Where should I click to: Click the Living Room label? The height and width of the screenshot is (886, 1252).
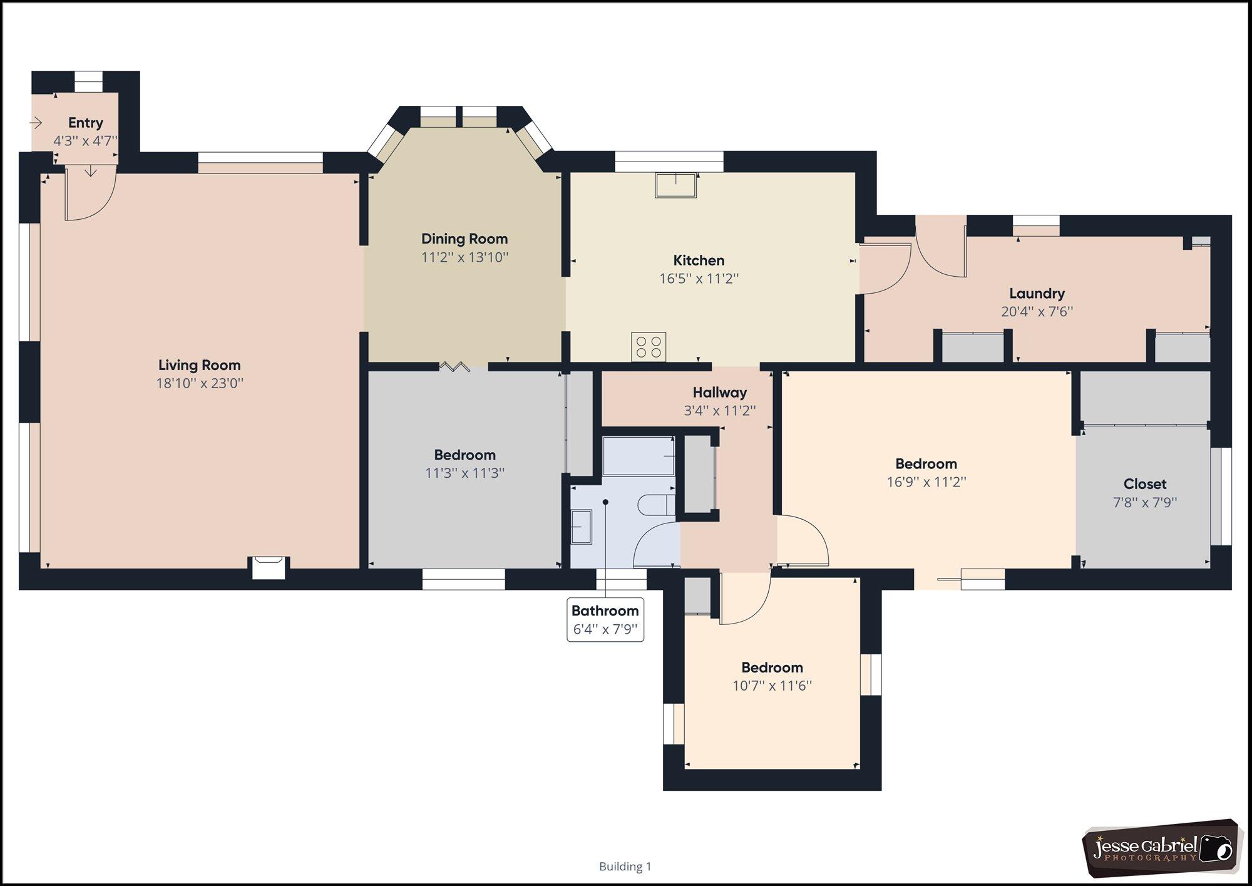(x=199, y=365)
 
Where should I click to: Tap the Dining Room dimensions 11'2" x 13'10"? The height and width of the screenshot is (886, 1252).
(x=464, y=257)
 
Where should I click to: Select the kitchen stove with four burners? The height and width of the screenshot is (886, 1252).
(x=649, y=346)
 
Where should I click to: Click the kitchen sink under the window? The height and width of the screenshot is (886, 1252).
(x=676, y=185)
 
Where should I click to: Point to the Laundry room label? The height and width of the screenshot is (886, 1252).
(x=1037, y=293)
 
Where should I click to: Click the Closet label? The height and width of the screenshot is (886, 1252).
(x=1145, y=484)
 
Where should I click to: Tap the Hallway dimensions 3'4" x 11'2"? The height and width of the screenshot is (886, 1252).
(x=720, y=411)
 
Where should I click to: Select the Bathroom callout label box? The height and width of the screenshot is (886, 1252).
(x=605, y=620)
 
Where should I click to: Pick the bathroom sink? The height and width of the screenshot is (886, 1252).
(x=582, y=527)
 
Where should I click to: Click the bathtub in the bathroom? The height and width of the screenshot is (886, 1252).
(x=639, y=456)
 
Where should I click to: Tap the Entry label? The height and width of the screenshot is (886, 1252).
(x=86, y=123)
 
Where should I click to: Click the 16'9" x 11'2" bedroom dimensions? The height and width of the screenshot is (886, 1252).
(x=926, y=482)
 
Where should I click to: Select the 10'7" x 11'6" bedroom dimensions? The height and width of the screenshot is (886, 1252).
(x=772, y=685)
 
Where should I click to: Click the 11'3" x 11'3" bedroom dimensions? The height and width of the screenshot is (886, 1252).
(x=465, y=473)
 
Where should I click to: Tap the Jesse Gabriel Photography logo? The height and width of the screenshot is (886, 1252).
(x=1162, y=847)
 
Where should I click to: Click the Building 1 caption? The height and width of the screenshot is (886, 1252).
(x=625, y=867)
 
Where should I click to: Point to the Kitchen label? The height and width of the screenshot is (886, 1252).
(x=699, y=260)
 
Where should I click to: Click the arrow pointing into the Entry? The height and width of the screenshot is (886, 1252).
(x=36, y=123)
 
